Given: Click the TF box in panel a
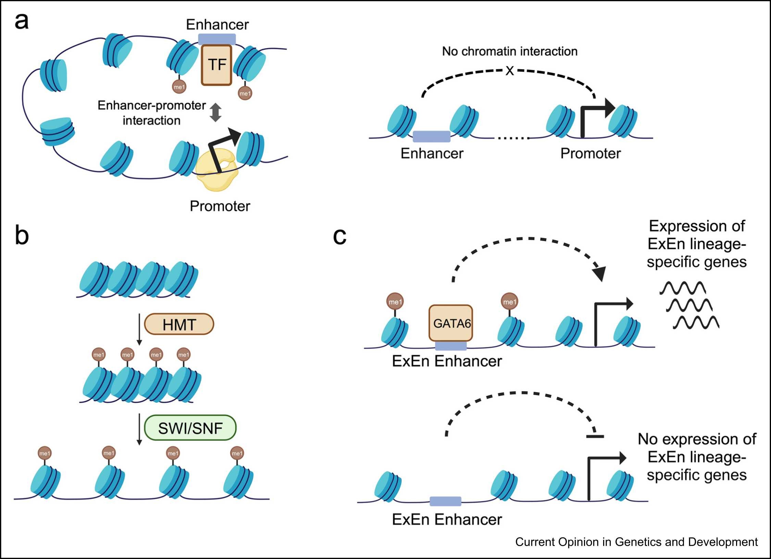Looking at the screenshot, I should (216, 65).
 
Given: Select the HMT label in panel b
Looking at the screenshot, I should (179, 324).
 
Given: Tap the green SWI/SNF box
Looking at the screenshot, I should (190, 428).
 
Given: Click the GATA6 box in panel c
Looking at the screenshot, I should (451, 323).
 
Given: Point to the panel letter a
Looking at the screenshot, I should (21, 21).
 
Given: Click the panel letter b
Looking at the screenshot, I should (22, 236).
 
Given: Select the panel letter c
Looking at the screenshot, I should (339, 236).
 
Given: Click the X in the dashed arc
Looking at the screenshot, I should (510, 71).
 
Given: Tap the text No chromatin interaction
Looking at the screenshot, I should (510, 51).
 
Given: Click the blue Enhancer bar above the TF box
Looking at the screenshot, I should (217, 39).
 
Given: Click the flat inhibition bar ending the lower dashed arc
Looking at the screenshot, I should (595, 436).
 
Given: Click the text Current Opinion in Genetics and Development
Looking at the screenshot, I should (636, 542).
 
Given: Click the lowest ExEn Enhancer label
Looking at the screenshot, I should (447, 519).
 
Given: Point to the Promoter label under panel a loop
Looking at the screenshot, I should (220, 206).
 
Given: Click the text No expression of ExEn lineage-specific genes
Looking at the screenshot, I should (697, 457).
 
